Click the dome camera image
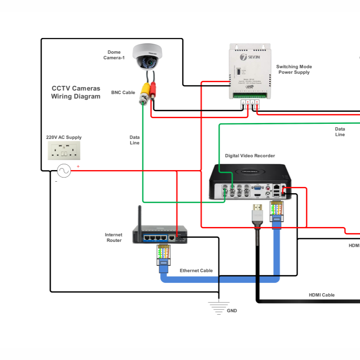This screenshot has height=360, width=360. [147, 57]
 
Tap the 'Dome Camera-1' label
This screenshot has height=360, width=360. [114, 55]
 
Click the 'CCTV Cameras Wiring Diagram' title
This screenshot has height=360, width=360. [76, 92]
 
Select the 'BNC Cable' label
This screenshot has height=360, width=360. [123, 92]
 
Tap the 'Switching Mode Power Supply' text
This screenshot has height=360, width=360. [294, 69]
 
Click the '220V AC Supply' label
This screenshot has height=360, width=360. [64, 137]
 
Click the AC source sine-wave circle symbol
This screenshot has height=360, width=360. [64, 171]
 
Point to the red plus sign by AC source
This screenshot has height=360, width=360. [78, 167]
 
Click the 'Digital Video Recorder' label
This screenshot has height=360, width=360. [250, 156]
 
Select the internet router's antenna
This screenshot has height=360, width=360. [140, 217]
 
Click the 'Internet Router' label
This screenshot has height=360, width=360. [114, 237]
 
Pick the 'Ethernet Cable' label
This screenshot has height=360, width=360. [196, 270]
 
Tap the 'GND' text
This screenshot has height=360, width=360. [232, 310]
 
